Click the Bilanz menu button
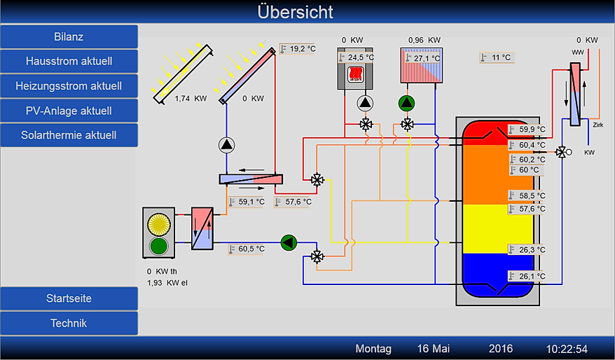[69, 36]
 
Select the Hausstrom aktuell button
[69, 61]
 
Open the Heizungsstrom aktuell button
[69, 86]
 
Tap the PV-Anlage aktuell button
[69, 111]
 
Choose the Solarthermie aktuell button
[69, 135]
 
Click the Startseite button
[69, 298]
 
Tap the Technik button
[69, 324]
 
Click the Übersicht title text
[295, 12]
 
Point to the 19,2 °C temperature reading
[302, 49]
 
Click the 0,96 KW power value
[424, 41]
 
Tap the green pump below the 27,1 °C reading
[406, 104]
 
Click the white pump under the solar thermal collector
[227, 145]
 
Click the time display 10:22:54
[567, 349]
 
